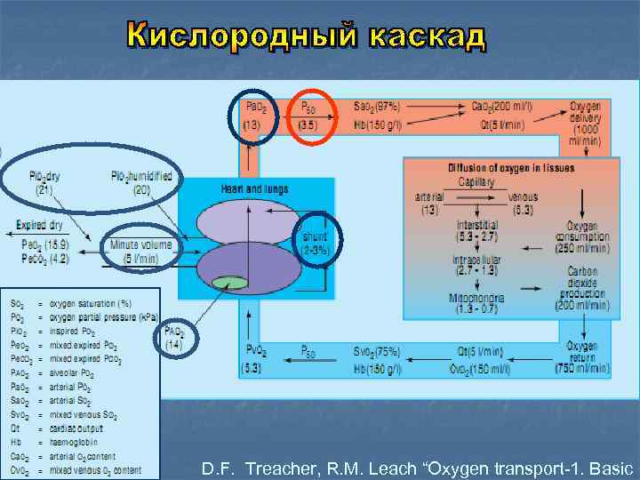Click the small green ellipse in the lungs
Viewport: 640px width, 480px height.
coord(230,283)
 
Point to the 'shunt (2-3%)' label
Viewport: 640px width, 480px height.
coord(316,243)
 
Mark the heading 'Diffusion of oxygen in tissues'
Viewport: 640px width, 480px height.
coord(510,168)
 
